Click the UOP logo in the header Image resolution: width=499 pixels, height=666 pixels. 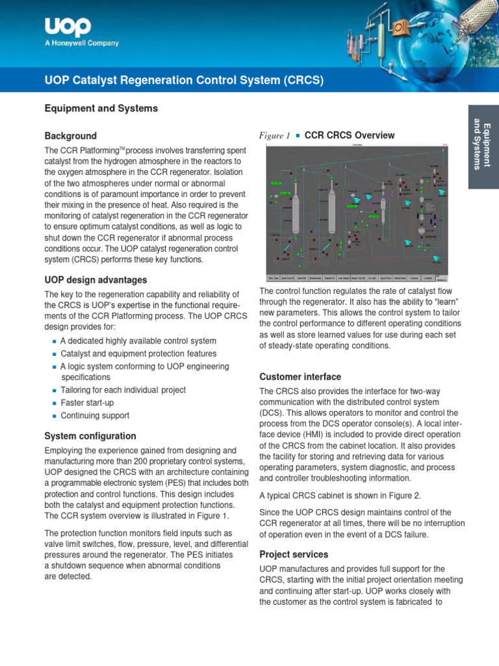click(x=68, y=27)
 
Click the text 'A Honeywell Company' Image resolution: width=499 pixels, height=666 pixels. click(x=81, y=44)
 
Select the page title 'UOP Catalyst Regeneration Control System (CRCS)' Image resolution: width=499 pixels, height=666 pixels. click(x=184, y=80)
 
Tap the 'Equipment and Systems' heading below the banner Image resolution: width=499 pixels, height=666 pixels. click(x=101, y=109)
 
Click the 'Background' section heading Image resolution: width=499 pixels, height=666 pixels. click(x=70, y=136)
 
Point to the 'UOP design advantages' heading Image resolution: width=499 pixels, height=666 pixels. click(x=96, y=280)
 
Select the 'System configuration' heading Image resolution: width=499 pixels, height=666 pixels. click(x=90, y=436)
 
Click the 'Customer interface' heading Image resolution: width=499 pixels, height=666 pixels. click(x=300, y=377)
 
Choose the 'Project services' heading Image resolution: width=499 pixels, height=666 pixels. click(x=294, y=554)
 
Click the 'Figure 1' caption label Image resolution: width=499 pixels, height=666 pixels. click(x=274, y=136)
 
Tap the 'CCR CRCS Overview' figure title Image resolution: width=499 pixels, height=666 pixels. click(x=350, y=135)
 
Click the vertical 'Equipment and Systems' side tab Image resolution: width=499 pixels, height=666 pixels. click(x=483, y=144)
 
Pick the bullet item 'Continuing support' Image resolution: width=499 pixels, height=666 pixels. click(x=95, y=416)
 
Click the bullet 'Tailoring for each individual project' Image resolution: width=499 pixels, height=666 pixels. click(x=123, y=390)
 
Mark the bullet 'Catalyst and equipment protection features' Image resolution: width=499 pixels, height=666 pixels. click(x=138, y=354)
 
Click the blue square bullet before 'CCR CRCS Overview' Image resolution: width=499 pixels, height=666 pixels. click(x=297, y=135)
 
